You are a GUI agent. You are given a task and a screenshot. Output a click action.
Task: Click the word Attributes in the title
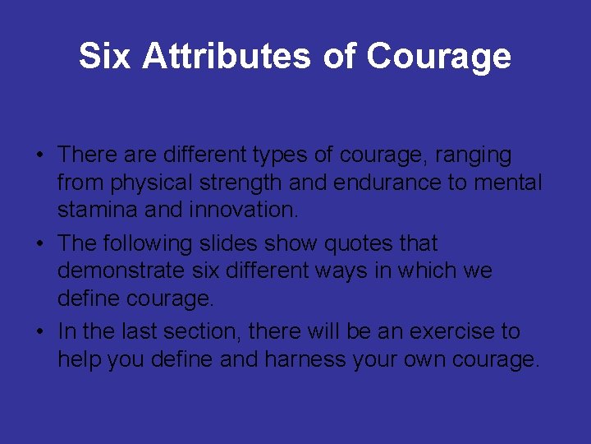(227, 57)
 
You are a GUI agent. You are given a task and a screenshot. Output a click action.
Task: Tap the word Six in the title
(105, 57)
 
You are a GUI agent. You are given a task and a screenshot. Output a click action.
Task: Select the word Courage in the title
(438, 57)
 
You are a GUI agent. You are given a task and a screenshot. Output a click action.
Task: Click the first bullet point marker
(39, 155)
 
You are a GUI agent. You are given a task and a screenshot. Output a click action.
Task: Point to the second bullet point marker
(39, 244)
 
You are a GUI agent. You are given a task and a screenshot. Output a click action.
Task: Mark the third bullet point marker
(39, 332)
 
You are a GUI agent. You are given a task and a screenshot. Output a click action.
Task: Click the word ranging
(475, 155)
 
